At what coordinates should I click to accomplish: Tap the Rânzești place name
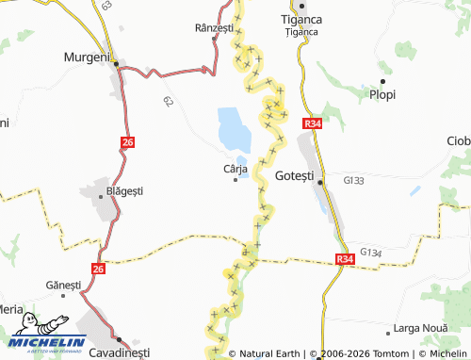[213, 29]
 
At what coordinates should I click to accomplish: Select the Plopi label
[383, 94]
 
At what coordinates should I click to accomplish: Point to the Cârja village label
[235, 168]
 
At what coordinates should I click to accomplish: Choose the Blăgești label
[124, 190]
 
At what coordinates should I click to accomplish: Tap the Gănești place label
[63, 285]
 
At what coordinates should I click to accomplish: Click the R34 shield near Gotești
[314, 124]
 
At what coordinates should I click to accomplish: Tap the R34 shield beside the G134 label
[345, 258]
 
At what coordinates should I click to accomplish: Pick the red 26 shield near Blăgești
[128, 142]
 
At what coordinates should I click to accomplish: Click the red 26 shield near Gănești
[99, 269]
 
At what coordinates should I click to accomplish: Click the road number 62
[168, 100]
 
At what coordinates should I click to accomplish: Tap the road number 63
[106, 6]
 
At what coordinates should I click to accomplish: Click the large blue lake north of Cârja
[231, 127]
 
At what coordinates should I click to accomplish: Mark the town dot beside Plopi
[382, 80]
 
